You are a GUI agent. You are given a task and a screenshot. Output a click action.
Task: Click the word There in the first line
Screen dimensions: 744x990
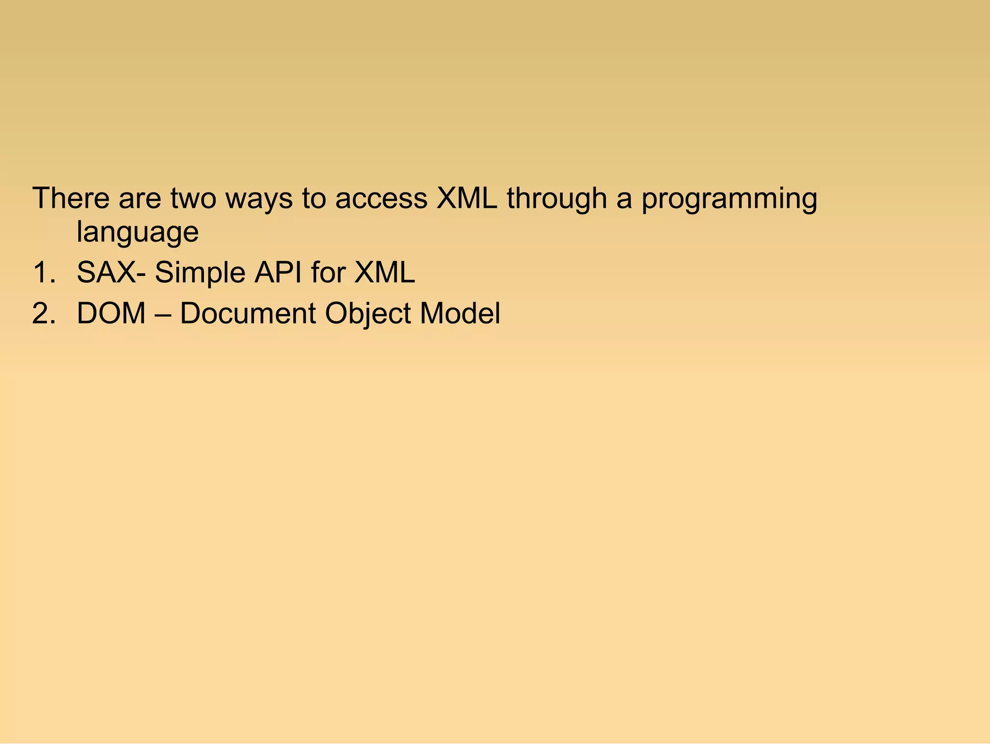(x=71, y=198)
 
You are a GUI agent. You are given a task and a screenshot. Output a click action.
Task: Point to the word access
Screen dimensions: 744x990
(x=381, y=199)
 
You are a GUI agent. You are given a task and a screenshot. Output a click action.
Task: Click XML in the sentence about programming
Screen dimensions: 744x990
(x=466, y=198)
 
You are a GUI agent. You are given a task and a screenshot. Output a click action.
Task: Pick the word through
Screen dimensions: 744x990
(x=556, y=199)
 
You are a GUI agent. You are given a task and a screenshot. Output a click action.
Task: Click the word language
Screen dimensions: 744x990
(x=137, y=233)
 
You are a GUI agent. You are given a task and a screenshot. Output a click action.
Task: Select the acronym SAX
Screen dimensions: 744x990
(x=106, y=272)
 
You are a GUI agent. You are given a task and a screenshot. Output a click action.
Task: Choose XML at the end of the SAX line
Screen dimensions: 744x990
(x=384, y=272)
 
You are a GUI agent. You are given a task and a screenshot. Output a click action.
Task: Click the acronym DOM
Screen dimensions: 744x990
(x=111, y=313)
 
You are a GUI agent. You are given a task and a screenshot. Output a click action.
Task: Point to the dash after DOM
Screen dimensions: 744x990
(x=162, y=314)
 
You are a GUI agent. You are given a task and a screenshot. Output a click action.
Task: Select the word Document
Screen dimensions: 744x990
(x=247, y=313)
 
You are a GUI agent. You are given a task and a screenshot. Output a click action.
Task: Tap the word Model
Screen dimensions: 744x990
(x=460, y=313)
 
